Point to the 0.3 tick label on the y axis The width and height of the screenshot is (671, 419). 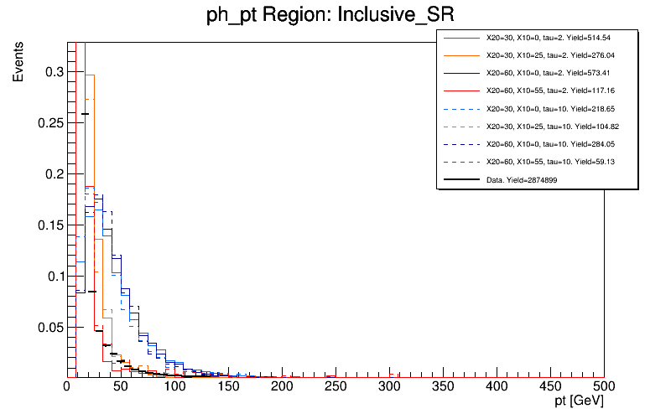[x=53, y=72]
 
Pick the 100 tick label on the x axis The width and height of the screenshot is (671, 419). [x=174, y=386]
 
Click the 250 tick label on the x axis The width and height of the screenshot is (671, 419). [x=335, y=386]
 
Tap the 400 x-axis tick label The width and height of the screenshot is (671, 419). [x=497, y=386]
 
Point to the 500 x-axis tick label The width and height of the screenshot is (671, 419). [x=604, y=386]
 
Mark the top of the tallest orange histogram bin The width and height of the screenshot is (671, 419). [x=91, y=75]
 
